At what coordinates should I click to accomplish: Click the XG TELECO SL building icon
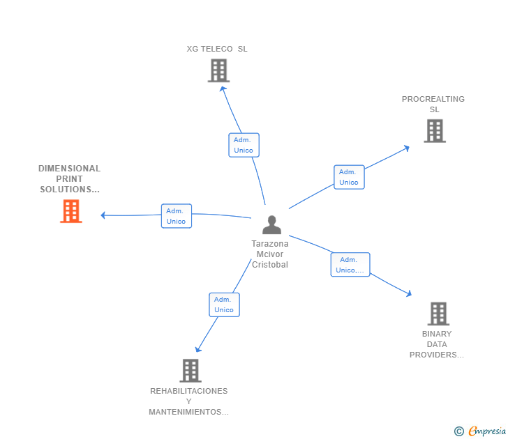[x=218, y=70]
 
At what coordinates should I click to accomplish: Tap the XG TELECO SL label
[x=217, y=49]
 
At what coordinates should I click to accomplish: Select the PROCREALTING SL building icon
[x=434, y=130]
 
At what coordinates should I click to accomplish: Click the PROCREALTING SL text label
[x=433, y=104]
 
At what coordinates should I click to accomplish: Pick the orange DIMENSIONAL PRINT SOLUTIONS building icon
[x=71, y=211]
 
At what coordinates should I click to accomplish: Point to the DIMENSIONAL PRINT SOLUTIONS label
[x=69, y=179]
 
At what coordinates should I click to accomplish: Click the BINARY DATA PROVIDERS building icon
[x=438, y=314]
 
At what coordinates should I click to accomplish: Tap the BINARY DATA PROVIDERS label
[x=437, y=344]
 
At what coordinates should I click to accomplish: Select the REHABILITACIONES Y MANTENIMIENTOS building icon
[x=190, y=371]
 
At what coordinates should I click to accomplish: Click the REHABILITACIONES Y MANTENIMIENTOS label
[x=189, y=401]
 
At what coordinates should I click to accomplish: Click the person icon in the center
[x=271, y=224]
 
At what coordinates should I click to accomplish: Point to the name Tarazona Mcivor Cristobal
[x=270, y=254]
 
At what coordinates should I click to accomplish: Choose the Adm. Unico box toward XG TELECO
[x=244, y=145]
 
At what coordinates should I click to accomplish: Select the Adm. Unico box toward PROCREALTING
[x=349, y=177]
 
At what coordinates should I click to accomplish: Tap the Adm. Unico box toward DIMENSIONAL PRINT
[x=176, y=216]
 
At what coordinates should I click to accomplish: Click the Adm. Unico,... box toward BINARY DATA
[x=350, y=265]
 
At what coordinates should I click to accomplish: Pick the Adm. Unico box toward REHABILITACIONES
[x=224, y=305]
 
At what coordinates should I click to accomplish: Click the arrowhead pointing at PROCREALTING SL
[x=406, y=148]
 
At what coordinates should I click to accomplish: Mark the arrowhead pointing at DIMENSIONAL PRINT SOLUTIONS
[x=104, y=215]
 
